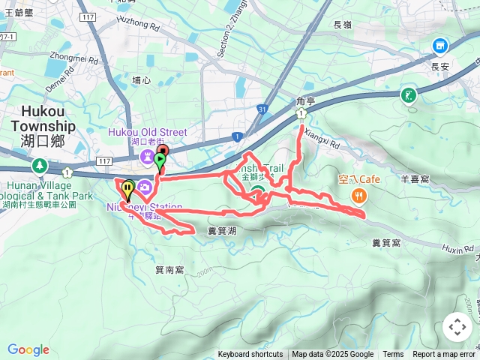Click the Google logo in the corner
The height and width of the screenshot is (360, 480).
[28, 349]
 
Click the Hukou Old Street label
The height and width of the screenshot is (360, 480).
[147, 132]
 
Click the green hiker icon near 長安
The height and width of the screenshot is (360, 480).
[409, 95]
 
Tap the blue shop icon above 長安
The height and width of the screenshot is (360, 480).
[440, 46]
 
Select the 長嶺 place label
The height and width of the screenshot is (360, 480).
[342, 25]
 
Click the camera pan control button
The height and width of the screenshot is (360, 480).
[457, 327]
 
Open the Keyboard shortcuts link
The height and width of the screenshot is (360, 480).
[250, 355]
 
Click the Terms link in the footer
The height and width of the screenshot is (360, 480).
[393, 355]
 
